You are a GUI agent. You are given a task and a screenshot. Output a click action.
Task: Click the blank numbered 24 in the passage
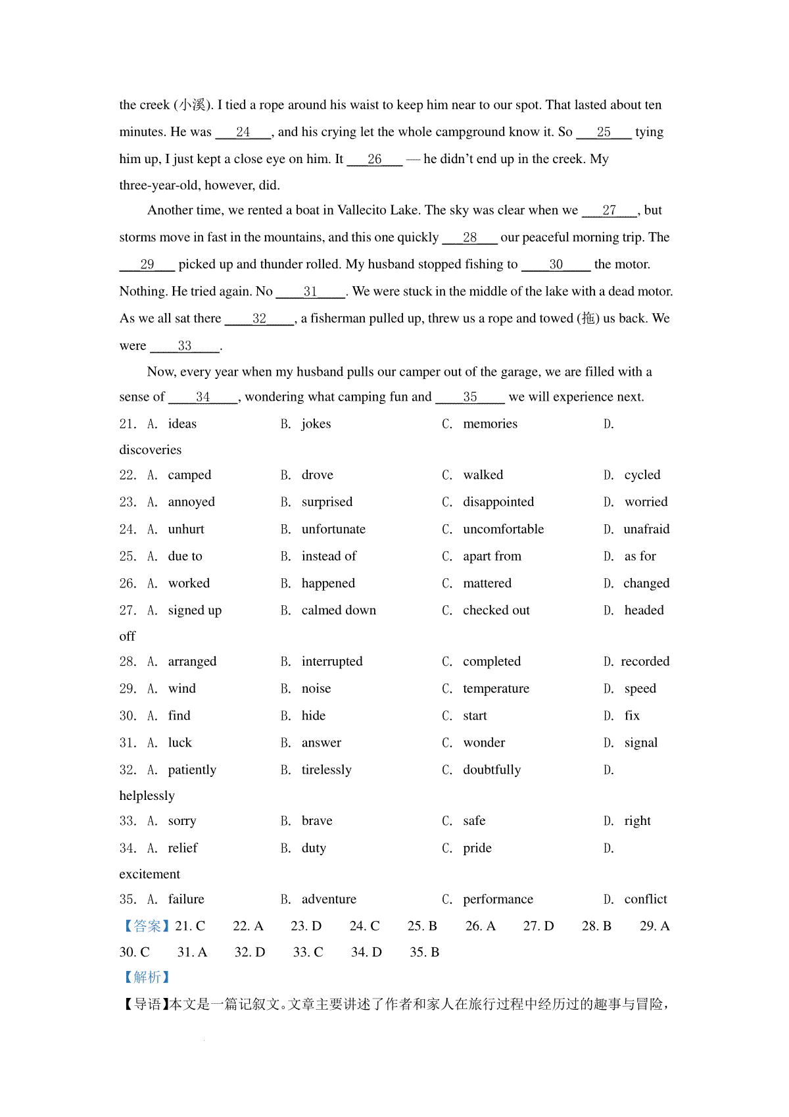[243, 132]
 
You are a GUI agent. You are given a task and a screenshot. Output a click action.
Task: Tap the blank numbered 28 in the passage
[469, 237]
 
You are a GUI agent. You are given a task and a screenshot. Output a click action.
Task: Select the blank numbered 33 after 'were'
[185, 346]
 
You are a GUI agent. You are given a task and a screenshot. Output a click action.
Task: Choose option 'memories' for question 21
[490, 424]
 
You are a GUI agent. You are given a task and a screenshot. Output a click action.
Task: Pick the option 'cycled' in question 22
[642, 475]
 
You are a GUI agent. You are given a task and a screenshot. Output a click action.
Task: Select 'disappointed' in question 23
[498, 502]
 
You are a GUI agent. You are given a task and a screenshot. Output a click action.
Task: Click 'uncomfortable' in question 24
[503, 530]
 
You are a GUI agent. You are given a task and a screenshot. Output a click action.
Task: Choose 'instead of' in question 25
[329, 557]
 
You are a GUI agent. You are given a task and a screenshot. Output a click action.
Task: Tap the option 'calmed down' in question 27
[339, 610]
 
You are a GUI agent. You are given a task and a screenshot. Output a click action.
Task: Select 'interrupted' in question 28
[331, 662]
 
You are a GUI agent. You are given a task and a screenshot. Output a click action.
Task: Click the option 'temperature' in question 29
[496, 689]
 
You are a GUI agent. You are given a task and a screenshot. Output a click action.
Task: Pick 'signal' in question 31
[640, 743]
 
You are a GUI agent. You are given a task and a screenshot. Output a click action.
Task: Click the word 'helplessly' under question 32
[147, 796]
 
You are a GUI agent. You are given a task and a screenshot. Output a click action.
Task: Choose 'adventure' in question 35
[329, 899]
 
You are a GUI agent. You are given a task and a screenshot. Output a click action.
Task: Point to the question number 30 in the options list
[128, 716]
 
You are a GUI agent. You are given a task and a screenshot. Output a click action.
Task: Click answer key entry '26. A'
[480, 926]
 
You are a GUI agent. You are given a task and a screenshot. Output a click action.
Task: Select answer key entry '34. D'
[366, 953]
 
